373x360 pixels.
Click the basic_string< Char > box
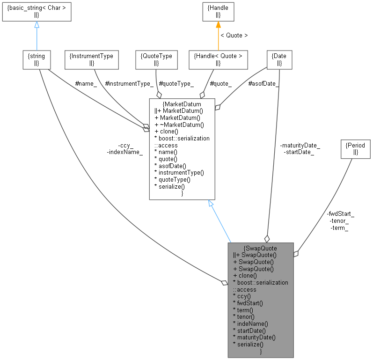point(36,12)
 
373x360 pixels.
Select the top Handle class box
point(218,12)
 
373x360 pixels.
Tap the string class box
point(37,59)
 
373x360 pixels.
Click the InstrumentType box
point(91,59)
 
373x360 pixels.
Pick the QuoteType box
point(156,59)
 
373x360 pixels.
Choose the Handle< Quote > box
point(218,59)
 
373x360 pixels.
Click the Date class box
point(279,59)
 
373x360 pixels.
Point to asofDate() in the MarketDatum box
point(170,166)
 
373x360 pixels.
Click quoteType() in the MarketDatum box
point(173,179)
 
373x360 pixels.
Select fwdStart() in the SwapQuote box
point(248,303)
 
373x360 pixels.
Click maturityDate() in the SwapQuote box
point(254,337)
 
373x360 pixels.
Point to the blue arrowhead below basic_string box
point(37,25)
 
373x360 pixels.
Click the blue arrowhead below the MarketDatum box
point(211,204)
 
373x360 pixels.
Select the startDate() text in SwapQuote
point(250,330)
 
